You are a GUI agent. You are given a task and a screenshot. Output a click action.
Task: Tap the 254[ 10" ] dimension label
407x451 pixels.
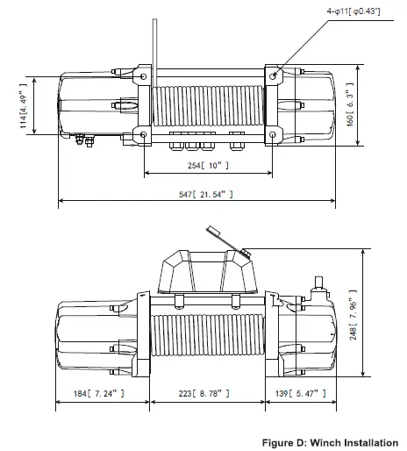(207, 165)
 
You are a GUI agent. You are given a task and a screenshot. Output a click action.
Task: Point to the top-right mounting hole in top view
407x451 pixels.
(275, 76)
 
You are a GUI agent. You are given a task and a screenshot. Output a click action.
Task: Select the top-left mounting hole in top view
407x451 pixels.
(140, 76)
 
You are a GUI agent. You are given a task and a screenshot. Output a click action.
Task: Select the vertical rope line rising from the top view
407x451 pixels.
(154, 35)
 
